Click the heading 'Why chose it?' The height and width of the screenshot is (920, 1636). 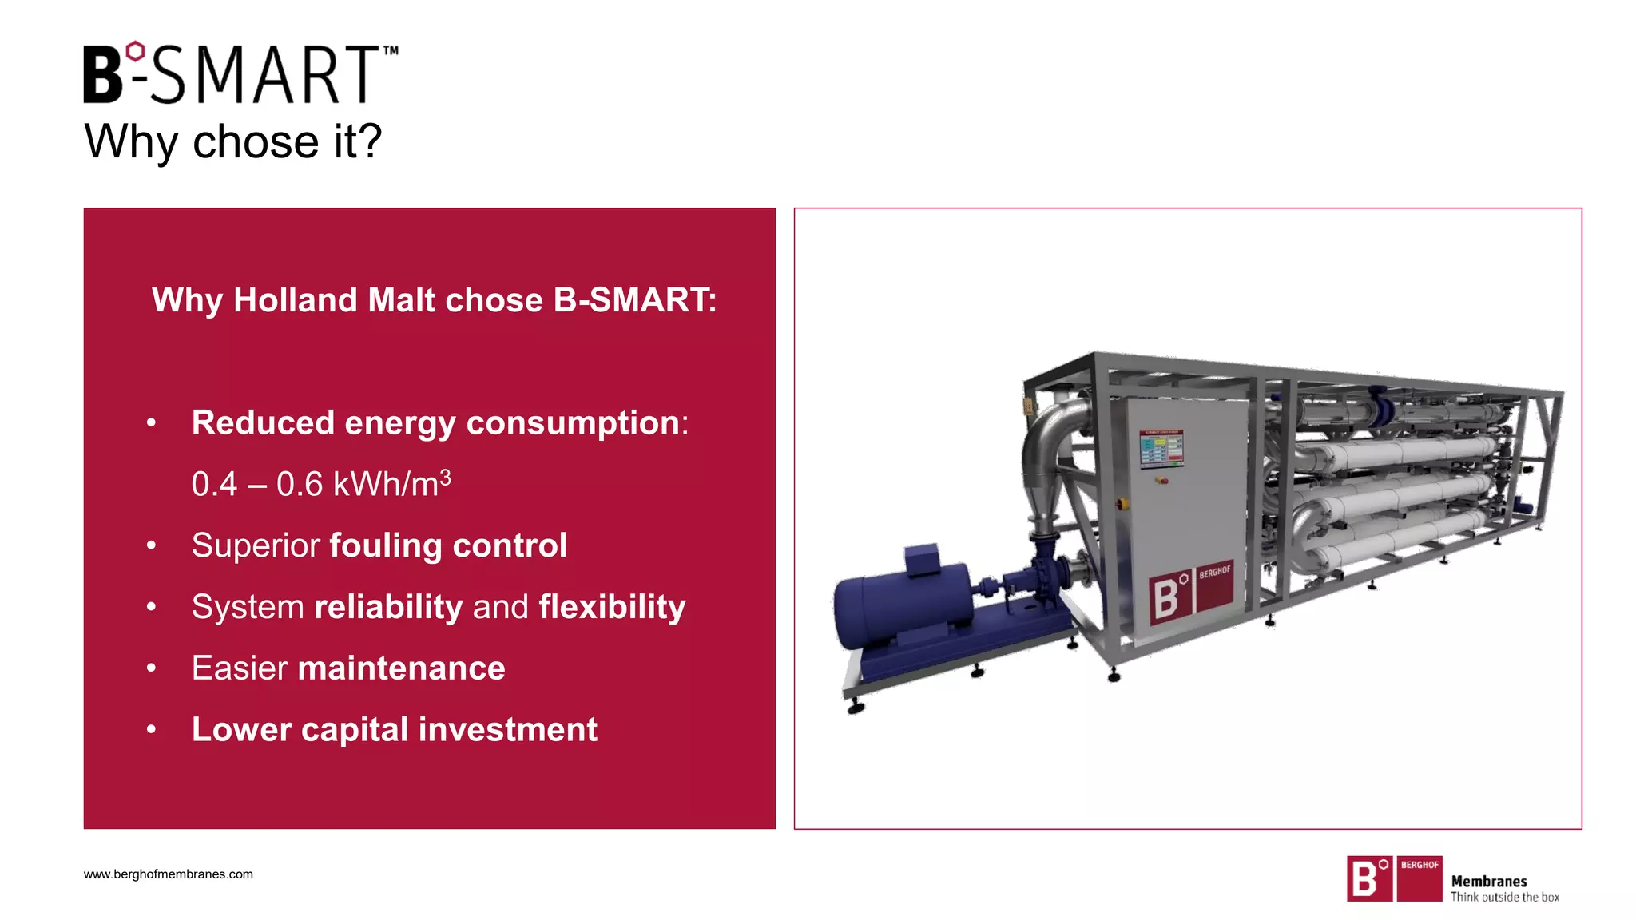coord(233,141)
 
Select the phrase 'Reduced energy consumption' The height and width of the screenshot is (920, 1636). coord(435,422)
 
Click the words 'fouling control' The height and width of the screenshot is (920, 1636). coord(448,545)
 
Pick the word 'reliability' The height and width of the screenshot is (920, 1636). coord(388,607)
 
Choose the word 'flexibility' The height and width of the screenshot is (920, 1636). coord(612,607)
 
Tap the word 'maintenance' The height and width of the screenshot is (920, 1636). coord(401,668)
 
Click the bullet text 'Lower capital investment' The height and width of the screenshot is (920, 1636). coord(395,729)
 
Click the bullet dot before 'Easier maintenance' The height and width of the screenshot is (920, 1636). coord(151,668)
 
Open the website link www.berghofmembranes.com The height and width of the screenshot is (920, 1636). coord(169,874)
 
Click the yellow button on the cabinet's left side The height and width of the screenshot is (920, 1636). coord(1122,504)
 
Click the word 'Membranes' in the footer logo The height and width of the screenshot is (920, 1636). coord(1489,882)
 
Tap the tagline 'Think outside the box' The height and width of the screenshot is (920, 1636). coord(1505,898)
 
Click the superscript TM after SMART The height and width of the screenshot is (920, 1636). coord(391,50)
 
